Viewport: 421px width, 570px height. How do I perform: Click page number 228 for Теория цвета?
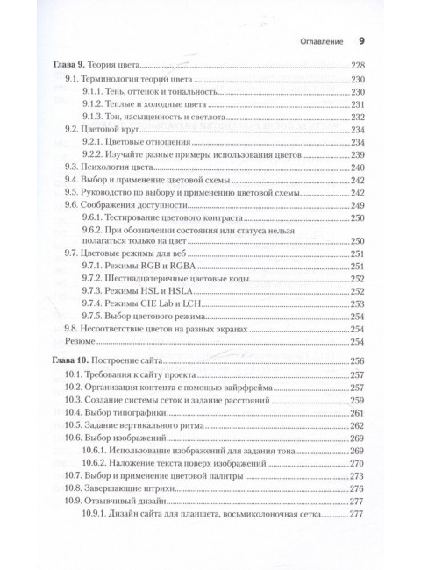pyautogui.click(x=359, y=64)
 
